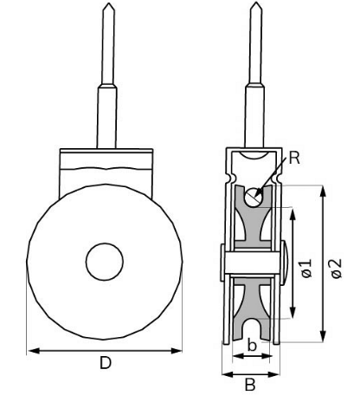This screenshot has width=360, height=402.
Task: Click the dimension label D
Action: click(105, 364)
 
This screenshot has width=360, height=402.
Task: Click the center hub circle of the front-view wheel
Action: click(105, 261)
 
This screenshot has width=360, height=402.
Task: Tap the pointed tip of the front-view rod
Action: click(105, 4)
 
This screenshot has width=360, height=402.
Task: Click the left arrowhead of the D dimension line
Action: click(31, 350)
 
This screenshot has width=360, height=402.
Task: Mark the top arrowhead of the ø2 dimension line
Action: click(322, 188)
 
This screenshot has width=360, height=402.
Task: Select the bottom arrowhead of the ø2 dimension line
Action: click(322, 339)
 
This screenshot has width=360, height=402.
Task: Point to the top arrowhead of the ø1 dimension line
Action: click(294, 211)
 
